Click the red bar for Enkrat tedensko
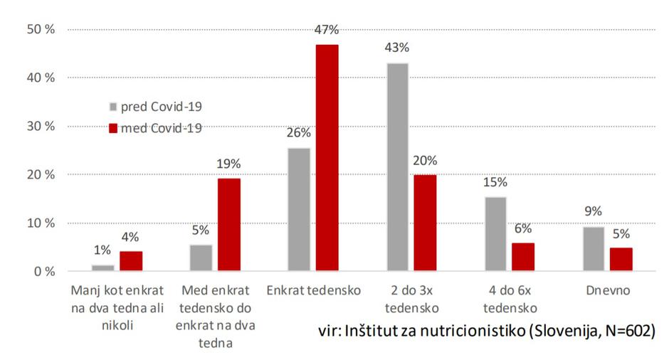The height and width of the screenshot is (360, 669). coord(327,157)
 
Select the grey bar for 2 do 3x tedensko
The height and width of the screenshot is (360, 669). coord(397,167)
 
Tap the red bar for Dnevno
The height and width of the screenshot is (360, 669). coord(621,259)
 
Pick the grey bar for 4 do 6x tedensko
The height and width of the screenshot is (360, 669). coord(496,234)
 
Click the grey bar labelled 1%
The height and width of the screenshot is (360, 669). coord(104,268)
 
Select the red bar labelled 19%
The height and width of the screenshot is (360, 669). coord(228,224)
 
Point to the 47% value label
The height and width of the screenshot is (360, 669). coord(327,30)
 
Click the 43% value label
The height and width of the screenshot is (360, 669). coord(397,48)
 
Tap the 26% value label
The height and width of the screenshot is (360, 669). coord(299,133)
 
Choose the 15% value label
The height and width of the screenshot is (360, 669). coord(496,182)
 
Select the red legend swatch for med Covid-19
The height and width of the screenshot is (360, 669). coord(112,129)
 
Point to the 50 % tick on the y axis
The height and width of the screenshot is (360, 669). coord(40,30)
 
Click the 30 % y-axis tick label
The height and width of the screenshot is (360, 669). coord(40,127)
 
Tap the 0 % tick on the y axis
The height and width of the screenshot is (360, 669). coord(43,272)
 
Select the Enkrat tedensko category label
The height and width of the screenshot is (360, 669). coord(313,291)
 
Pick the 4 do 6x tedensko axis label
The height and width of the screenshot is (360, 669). coord(510,300)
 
